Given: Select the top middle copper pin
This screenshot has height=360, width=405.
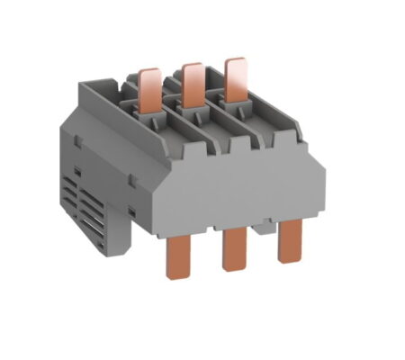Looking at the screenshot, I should click(191, 83).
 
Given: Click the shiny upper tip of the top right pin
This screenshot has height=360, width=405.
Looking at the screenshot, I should click(236, 66).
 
